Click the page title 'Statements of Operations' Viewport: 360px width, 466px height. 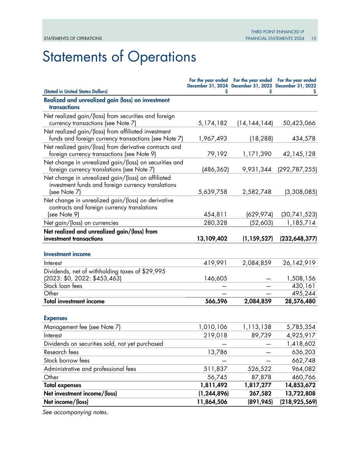coord(119,57)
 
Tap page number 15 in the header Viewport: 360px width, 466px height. coord(314,39)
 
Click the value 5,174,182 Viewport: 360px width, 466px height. coord(212,123)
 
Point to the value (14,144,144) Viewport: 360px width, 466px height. coord(255,123)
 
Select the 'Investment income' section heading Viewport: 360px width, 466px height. coord(67,254)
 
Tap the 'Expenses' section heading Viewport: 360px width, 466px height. coord(55,318)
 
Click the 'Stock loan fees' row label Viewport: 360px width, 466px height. coord(63,286)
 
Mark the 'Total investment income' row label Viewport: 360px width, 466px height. coord(74,301)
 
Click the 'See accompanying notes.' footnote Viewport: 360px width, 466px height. coord(75,412)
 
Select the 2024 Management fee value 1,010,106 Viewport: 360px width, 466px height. coord(213,327)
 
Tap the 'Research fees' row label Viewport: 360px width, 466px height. coord(61,352)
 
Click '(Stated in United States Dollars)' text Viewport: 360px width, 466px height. coord(75,91)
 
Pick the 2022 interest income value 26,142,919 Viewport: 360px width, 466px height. coord(299,263)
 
